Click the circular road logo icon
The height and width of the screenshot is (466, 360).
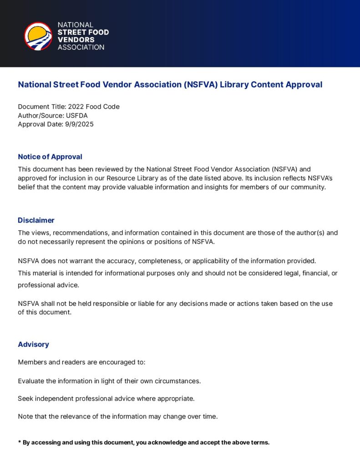pyautogui.click(x=38, y=36)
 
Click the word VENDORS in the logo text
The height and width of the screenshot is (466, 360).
pyautogui.click(x=76, y=40)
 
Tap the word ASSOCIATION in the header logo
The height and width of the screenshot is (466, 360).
pyautogui.click(x=81, y=47)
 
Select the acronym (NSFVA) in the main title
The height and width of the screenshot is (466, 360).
pyautogui.click(x=201, y=85)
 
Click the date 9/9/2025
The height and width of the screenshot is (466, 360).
pyautogui.click(x=79, y=124)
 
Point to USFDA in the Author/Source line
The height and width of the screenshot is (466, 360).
pyautogui.click(x=77, y=115)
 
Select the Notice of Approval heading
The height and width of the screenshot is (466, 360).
pyautogui.click(x=50, y=157)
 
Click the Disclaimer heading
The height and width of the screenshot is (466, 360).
pyautogui.click(x=36, y=220)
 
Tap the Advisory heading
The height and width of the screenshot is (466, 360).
pyautogui.click(x=33, y=344)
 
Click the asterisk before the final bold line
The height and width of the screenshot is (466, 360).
pyautogui.click(x=20, y=442)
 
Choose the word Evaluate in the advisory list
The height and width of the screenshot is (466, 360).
pyautogui.click(x=32, y=381)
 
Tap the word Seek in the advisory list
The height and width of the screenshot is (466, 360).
pyautogui.click(x=25, y=399)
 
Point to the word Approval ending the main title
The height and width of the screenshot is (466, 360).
pyautogui.click(x=304, y=85)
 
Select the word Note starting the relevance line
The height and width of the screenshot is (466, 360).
pyautogui.click(x=25, y=416)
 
